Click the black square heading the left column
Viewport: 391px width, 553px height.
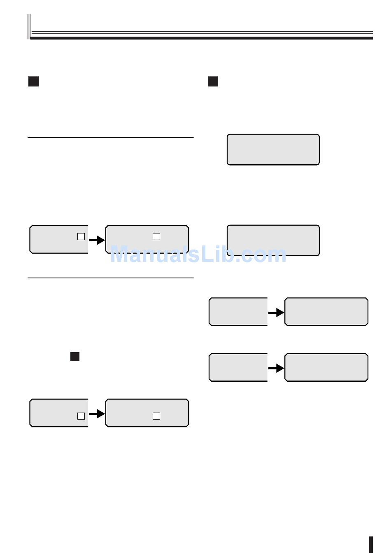(x=34, y=81)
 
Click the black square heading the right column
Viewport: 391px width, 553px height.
(x=213, y=81)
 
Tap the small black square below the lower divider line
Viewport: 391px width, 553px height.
(x=75, y=357)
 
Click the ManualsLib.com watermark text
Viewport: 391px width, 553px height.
(x=198, y=254)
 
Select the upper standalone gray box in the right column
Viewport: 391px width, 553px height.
(x=273, y=149)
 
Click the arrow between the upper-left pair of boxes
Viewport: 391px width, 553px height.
(x=97, y=240)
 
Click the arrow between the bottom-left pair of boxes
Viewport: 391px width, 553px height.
(x=97, y=413)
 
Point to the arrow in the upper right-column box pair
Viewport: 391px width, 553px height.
(x=276, y=313)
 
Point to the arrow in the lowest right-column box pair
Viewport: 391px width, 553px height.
(x=276, y=368)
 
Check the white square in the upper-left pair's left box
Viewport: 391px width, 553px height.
(x=81, y=236)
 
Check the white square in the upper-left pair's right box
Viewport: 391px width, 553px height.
(x=156, y=236)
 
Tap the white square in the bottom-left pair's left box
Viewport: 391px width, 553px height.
(x=81, y=416)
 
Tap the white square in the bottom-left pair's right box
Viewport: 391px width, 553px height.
(x=156, y=416)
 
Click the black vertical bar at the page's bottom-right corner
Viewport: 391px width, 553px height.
(x=371, y=544)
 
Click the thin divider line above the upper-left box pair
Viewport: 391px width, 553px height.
(x=110, y=138)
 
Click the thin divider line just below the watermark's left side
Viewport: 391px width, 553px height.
(x=110, y=278)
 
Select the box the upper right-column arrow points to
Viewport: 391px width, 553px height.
(x=326, y=312)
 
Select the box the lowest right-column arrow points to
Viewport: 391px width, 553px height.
(x=326, y=367)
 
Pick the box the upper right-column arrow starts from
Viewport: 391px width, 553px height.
(x=238, y=312)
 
